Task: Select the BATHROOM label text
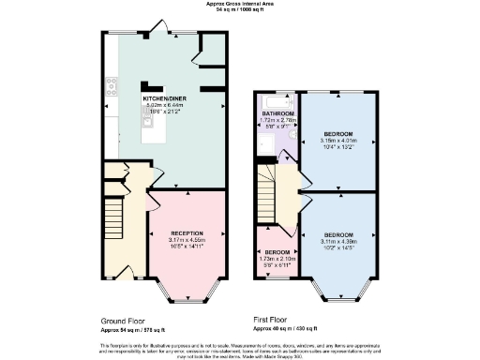click(x=277, y=113)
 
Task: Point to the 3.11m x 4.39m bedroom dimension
click(x=338, y=240)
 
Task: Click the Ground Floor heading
click(x=121, y=321)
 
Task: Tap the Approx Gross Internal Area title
click(x=239, y=4)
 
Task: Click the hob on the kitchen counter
click(x=112, y=86)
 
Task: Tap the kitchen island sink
click(x=147, y=120)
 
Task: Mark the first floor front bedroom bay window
click(x=338, y=296)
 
